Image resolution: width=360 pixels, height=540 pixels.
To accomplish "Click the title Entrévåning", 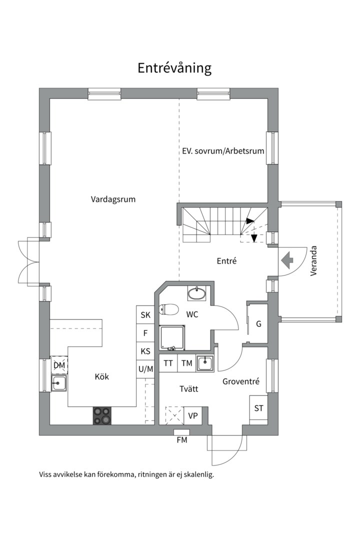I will point(174,68).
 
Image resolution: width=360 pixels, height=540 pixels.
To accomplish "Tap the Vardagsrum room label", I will point(113,199).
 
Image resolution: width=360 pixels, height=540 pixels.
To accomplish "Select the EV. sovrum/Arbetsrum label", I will point(222,150).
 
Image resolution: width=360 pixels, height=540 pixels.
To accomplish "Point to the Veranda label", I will point(314,260).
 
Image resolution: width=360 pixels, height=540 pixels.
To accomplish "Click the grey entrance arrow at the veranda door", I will point(287,260).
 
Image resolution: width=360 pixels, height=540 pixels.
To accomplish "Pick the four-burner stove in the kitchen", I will point(102,415).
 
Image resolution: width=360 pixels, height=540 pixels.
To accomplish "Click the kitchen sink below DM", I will point(58,383).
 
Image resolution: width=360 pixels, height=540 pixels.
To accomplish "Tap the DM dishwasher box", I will point(59,365).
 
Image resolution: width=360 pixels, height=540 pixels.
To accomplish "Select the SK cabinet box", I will point(145,315).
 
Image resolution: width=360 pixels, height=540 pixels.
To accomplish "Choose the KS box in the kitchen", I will point(145,351).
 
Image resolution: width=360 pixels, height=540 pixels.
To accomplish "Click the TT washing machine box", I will point(168,363).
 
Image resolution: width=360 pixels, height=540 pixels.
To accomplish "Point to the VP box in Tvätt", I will point(193,415).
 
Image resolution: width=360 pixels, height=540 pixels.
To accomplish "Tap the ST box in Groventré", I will point(258,408).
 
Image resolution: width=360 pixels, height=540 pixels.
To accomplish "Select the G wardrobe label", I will point(258,324).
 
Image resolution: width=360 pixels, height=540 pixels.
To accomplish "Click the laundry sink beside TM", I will point(205,363).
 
